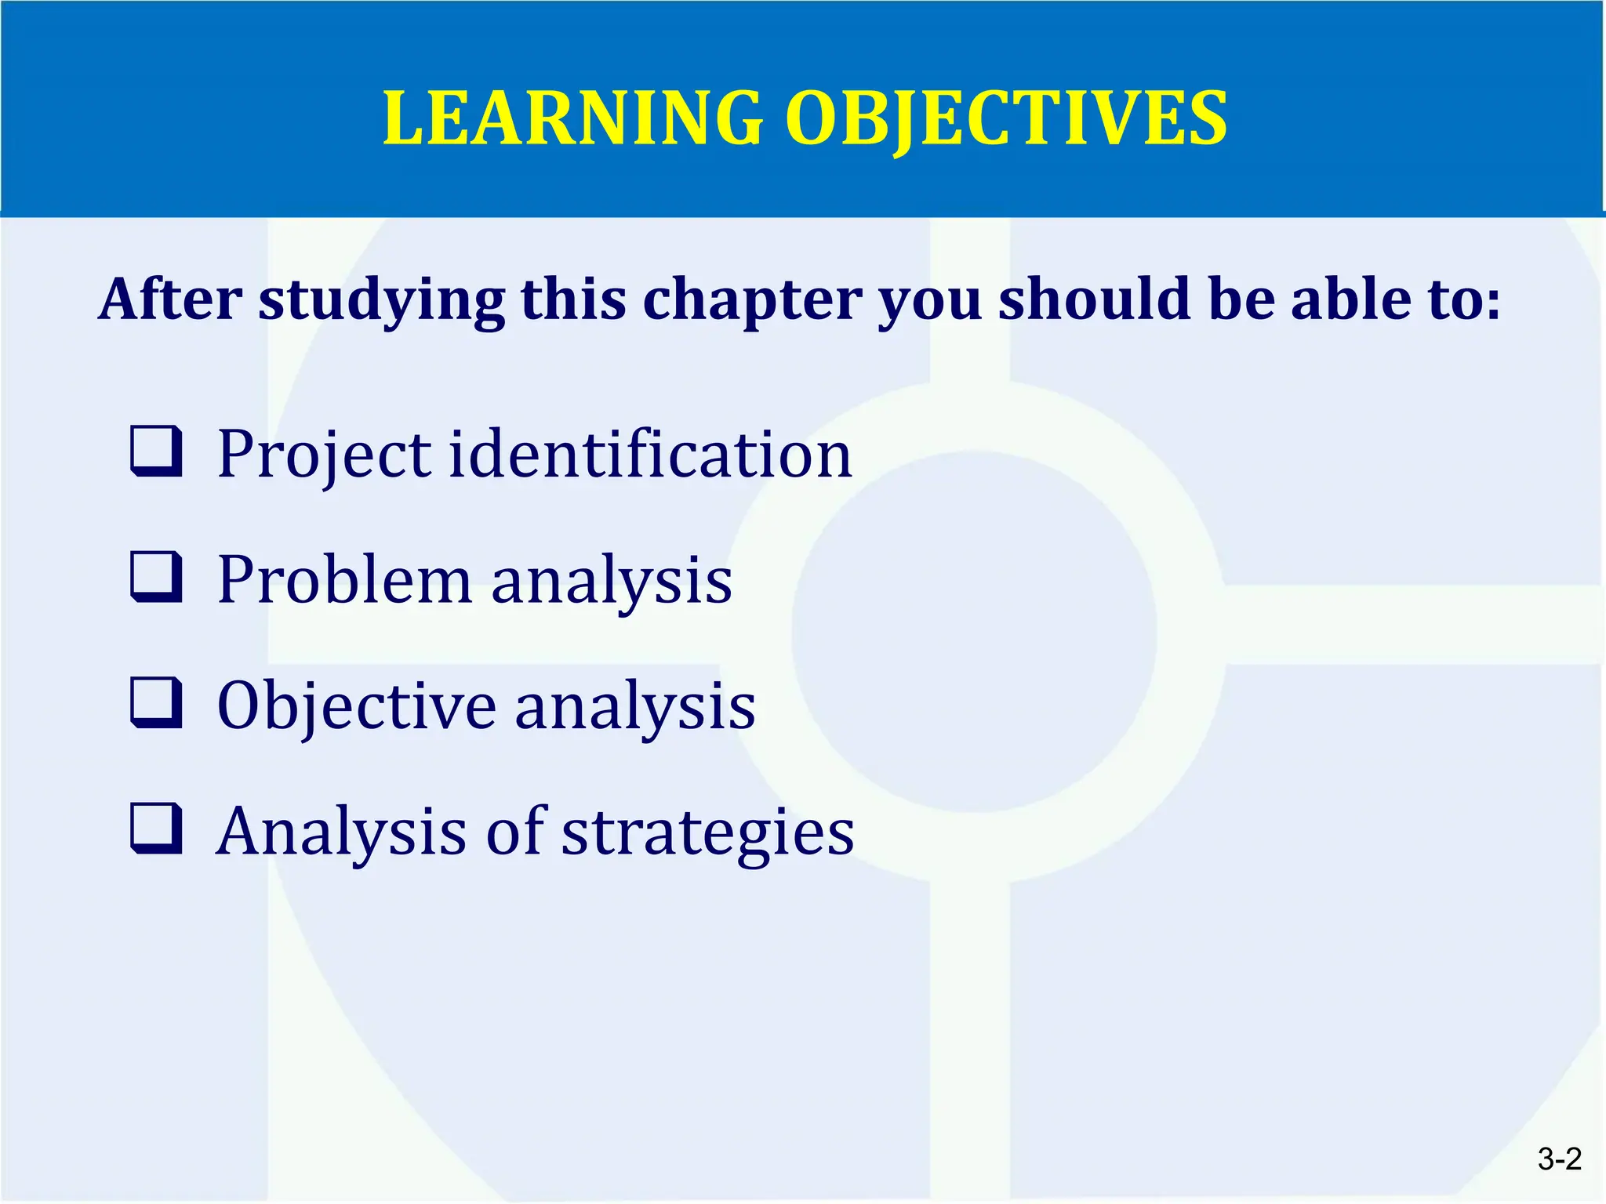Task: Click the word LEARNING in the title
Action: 572,119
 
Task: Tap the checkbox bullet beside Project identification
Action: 156,451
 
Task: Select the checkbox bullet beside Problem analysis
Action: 156,577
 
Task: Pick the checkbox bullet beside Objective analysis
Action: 156,703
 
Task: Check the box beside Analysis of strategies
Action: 156,829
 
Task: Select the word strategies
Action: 707,832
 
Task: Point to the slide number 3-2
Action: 1559,1159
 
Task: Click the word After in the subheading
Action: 170,299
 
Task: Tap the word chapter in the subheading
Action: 752,301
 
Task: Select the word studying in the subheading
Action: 382,301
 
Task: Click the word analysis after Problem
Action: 612,582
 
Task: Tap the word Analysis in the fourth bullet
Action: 341,832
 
